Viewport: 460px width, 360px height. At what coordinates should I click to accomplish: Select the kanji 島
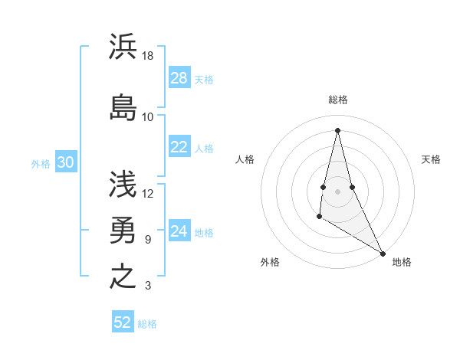(x=123, y=107)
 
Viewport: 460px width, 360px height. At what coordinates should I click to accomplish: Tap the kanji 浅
(x=123, y=184)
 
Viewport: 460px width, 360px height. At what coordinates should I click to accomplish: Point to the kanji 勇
(x=123, y=230)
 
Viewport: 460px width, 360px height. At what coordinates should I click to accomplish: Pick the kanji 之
(x=123, y=276)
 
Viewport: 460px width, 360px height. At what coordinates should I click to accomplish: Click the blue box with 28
(x=179, y=79)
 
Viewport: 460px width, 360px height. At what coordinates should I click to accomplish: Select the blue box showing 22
(x=179, y=148)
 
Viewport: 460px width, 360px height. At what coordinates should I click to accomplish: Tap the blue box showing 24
(x=179, y=232)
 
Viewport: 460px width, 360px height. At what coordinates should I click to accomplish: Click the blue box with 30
(x=66, y=163)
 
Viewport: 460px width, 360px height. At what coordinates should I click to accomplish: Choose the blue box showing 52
(x=123, y=322)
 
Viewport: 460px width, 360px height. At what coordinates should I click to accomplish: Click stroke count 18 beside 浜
(x=148, y=56)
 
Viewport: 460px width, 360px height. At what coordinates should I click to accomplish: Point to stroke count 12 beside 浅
(x=148, y=194)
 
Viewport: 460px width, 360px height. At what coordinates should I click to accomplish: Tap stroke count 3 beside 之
(x=148, y=286)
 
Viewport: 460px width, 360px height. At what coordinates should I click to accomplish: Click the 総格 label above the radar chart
(x=338, y=100)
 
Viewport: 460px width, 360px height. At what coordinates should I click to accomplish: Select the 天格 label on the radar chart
(x=432, y=159)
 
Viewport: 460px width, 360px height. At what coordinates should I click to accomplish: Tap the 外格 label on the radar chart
(x=270, y=262)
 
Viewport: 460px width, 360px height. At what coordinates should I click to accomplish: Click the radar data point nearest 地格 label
(x=383, y=254)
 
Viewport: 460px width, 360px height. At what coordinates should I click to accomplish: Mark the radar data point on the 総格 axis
(x=338, y=130)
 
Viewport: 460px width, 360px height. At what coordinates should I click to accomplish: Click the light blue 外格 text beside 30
(x=41, y=164)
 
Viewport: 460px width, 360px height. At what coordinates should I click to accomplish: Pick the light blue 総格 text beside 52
(x=148, y=323)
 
